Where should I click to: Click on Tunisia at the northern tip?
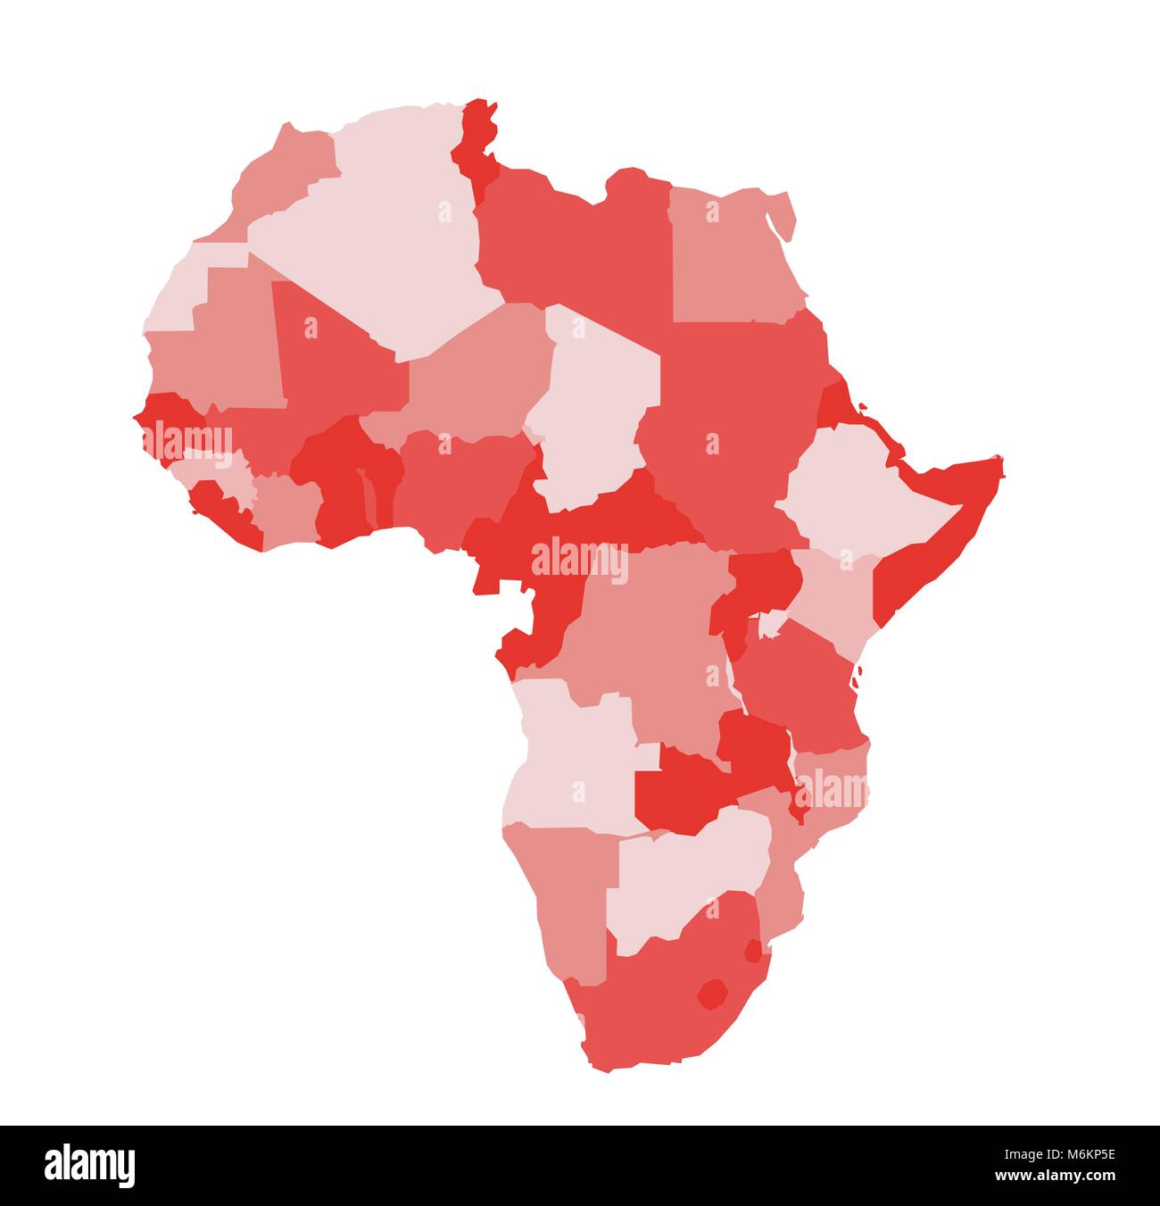click(x=474, y=143)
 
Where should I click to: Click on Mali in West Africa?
click(x=330, y=357)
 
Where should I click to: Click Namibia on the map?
click(x=571, y=893)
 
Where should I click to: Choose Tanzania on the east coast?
click(x=799, y=687)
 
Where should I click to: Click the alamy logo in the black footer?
click(x=89, y=1165)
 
